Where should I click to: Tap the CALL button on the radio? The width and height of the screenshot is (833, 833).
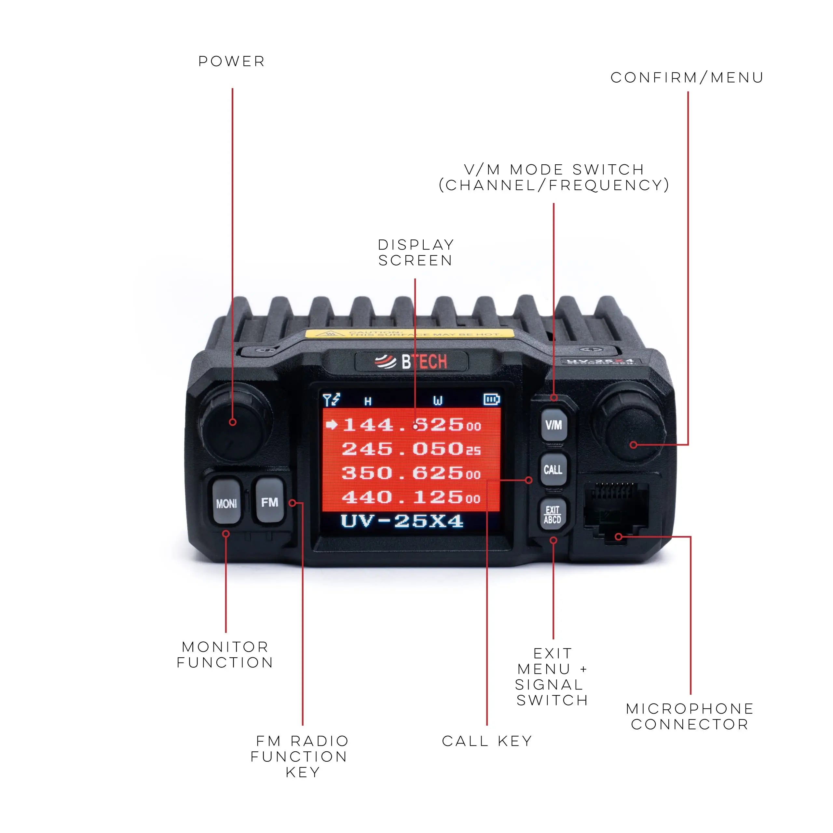click(553, 470)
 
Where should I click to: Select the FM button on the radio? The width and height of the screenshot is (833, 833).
click(269, 501)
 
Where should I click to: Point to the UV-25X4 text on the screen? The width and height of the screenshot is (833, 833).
click(402, 521)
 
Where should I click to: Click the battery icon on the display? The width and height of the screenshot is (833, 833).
click(492, 399)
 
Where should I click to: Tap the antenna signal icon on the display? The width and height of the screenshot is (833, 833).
click(331, 400)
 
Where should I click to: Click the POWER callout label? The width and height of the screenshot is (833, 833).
click(232, 61)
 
